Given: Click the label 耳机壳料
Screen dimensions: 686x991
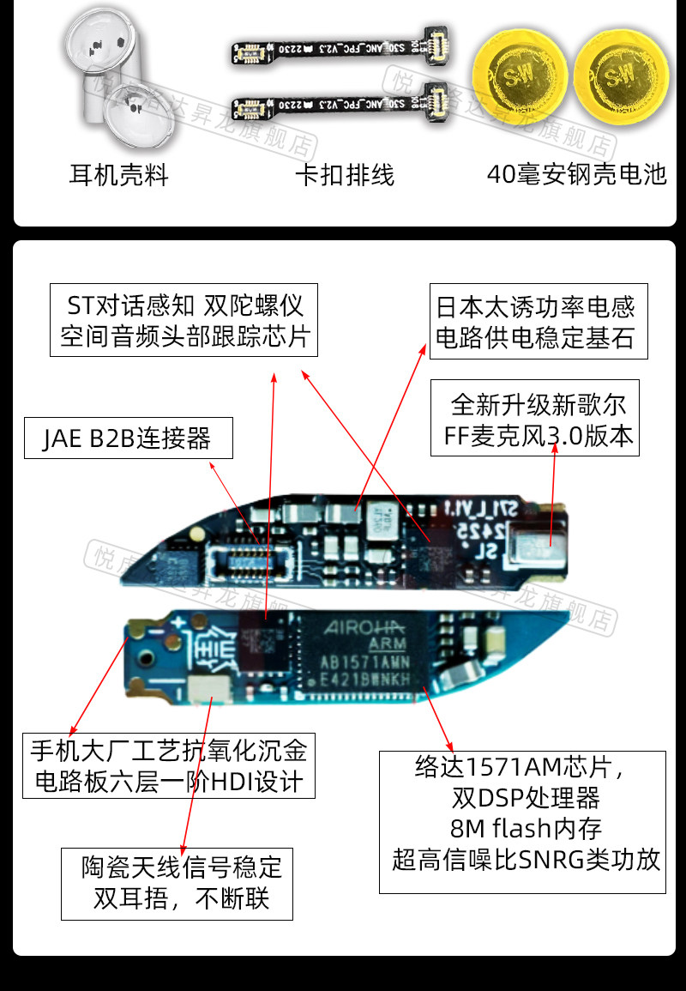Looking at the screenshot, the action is tap(118, 176).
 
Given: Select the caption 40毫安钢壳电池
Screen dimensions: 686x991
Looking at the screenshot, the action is tap(575, 174).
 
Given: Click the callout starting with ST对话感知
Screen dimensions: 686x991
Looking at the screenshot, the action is tap(184, 320).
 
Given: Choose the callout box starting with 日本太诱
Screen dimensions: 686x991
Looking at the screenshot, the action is tap(537, 322).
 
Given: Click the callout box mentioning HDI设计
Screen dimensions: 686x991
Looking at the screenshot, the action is tap(168, 765).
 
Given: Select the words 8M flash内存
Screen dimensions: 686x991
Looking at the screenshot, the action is tap(526, 829).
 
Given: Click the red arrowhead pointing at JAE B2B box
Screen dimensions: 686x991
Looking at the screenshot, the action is tap(214, 464).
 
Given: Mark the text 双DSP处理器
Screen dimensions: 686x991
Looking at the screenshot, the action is tap(526, 798).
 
